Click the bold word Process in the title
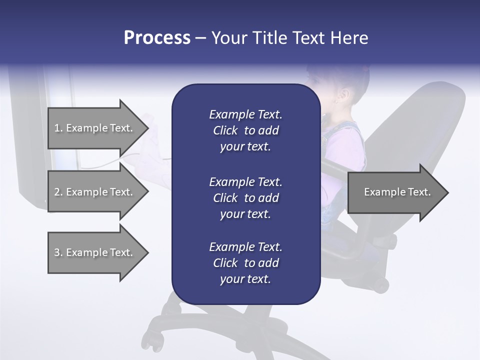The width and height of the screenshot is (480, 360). [157, 38]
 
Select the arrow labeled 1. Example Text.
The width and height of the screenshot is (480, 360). [93, 128]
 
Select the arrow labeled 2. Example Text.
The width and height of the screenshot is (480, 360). [93, 192]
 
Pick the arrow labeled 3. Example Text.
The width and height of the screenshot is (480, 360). [93, 252]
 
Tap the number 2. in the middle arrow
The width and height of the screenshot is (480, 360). [58, 192]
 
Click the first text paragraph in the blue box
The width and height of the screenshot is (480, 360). [245, 130]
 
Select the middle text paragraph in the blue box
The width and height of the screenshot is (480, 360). [245, 197]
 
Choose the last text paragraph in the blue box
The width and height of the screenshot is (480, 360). [245, 263]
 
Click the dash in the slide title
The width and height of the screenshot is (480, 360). [200, 38]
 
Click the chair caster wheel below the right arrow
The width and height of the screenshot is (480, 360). [381, 285]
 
